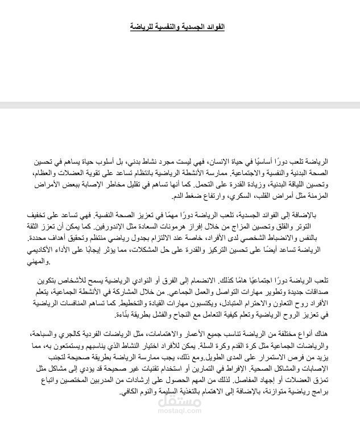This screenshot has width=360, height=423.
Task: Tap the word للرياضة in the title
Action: click(141, 27)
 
